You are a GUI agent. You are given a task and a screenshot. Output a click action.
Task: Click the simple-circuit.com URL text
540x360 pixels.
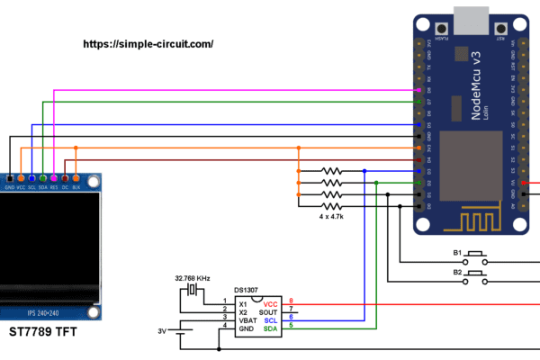point(148,43)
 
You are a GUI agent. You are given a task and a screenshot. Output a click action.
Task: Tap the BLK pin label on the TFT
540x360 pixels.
point(76,186)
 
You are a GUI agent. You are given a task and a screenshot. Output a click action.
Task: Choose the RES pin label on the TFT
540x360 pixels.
point(54,186)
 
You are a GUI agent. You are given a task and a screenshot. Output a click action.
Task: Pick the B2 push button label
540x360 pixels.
point(457,271)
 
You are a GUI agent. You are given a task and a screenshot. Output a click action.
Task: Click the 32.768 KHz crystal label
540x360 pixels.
point(193,278)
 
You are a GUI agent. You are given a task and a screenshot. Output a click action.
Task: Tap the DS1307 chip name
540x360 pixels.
point(246,290)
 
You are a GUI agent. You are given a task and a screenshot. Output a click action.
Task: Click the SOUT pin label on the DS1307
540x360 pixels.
point(269,312)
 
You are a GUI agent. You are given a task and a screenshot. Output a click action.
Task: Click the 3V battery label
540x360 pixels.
point(162,331)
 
